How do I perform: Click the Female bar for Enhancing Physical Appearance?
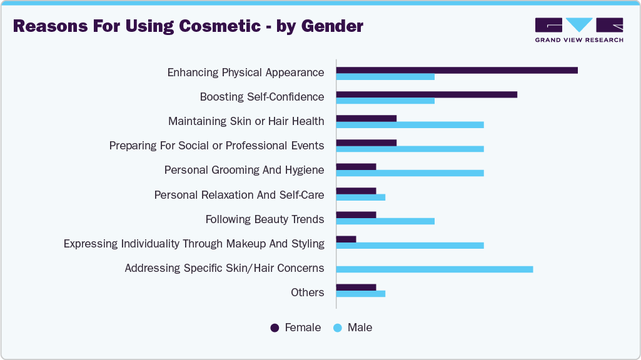pos(457,70)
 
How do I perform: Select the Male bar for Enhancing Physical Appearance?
pos(385,77)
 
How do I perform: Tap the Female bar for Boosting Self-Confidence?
pos(426,94)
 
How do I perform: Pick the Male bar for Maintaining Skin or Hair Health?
pos(410,125)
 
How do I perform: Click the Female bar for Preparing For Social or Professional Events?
pos(366,142)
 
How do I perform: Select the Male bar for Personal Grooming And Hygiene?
pos(410,173)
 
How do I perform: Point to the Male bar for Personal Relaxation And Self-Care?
pos(361,197)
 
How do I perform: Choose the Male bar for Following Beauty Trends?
pos(385,221)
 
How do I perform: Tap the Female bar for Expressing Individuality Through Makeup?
pos(346,239)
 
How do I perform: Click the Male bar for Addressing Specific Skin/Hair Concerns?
pos(435,269)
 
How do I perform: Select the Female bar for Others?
pos(356,287)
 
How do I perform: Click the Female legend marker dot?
pos(275,328)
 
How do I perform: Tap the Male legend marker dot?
pos(338,328)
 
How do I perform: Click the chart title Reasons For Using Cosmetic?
pos(188,26)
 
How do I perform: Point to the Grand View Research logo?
pos(578,29)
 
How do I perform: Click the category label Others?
pos(307,292)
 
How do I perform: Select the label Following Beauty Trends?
pos(265,219)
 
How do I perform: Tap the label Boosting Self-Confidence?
pos(262,97)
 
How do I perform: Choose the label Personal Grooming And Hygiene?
pos(244,170)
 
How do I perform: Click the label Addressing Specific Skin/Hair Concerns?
pos(224,268)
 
